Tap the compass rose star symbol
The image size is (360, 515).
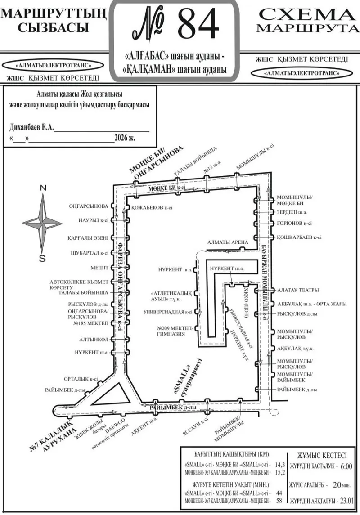(42, 222)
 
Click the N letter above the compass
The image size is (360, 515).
(42, 188)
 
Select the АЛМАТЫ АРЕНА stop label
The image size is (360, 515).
(228, 242)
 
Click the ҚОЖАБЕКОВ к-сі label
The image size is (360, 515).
(152, 208)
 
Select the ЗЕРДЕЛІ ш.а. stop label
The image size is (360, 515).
(292, 212)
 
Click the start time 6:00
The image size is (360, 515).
(346, 467)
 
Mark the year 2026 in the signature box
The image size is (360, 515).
(121, 138)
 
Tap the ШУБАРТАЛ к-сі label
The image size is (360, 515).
(90, 253)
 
